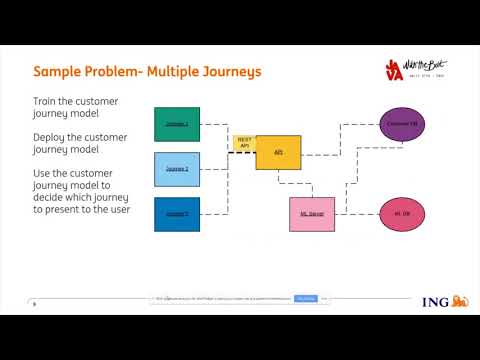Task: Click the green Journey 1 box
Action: coord(177,123)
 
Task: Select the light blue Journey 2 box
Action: coord(177,169)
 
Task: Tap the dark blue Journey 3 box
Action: coord(177,215)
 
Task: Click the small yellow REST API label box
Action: coord(244,143)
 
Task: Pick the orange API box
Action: coord(278,152)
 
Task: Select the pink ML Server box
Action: coord(310,215)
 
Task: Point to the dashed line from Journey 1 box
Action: coord(215,123)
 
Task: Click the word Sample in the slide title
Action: coord(58,72)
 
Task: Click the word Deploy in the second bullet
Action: coord(51,136)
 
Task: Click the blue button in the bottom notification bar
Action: coord(305,298)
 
